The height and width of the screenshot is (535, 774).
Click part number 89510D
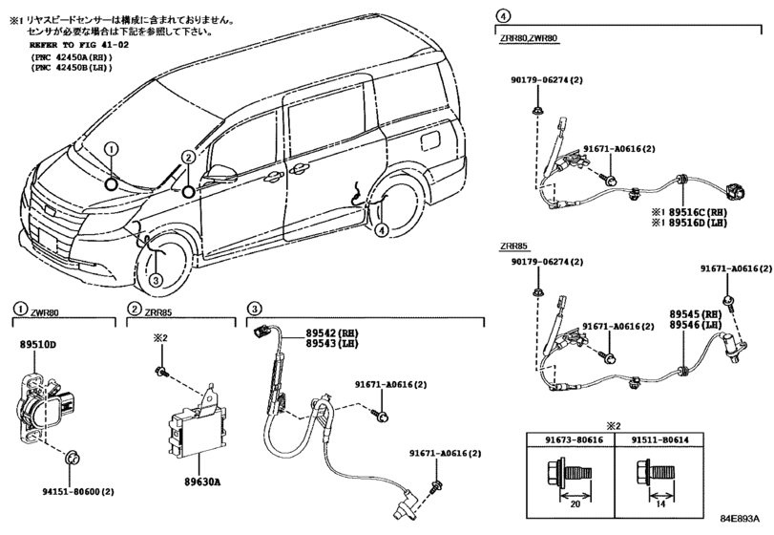click(x=38, y=344)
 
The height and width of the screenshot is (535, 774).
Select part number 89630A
click(x=199, y=481)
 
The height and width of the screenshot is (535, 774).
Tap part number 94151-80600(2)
click(x=78, y=491)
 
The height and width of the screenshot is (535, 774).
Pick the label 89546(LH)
click(x=696, y=325)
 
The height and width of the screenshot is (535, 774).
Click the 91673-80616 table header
click(x=570, y=439)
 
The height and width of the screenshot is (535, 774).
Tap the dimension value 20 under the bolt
click(x=575, y=504)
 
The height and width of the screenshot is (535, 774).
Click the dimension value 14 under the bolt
click(x=660, y=504)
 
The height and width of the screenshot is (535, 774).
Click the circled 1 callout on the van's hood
click(x=112, y=149)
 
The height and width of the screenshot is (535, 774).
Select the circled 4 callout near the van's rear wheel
click(x=381, y=229)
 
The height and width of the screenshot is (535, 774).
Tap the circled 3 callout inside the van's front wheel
click(x=155, y=281)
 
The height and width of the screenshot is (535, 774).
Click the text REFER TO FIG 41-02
click(x=79, y=45)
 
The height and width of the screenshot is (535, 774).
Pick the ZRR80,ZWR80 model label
click(x=528, y=37)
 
